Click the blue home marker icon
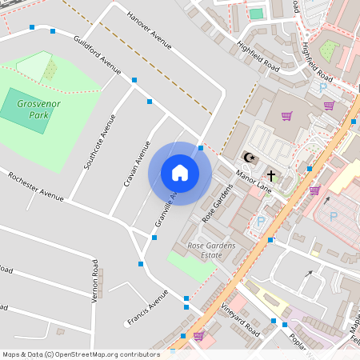pos(180,173)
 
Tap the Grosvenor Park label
pos(34,109)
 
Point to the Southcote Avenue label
pos(100,142)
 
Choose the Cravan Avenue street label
pos(137,164)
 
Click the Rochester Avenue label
pos(35,186)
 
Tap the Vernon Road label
pos(94,280)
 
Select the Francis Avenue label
pos(147,308)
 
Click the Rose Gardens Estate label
pos(210,250)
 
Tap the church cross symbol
pos(271,175)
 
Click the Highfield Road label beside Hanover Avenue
pos(258,54)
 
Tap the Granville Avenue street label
pos(166,211)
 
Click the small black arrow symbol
pos(308,274)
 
